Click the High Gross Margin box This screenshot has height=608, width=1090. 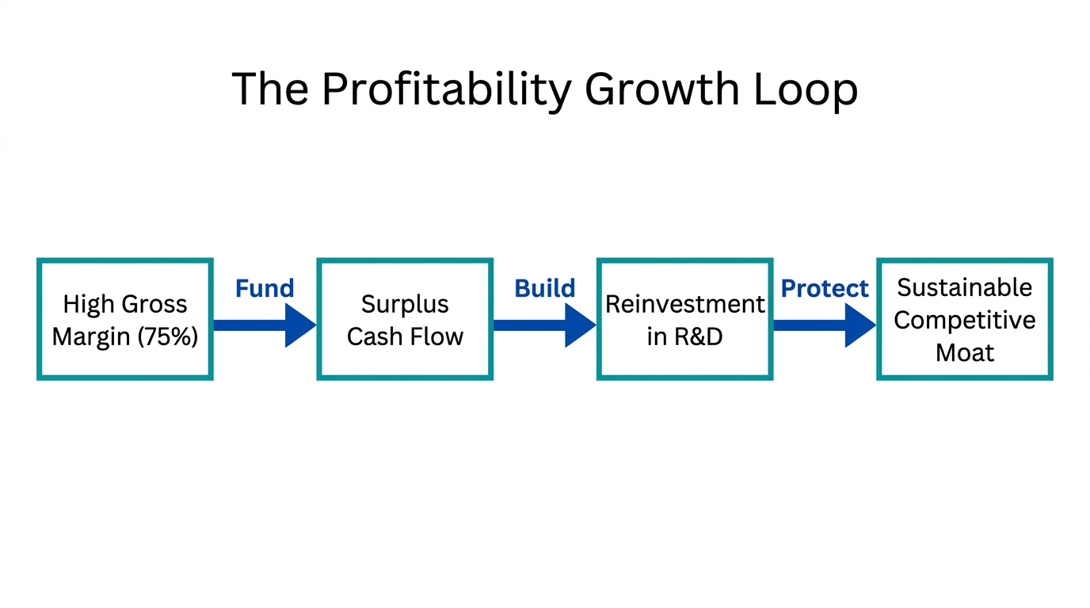[x=125, y=319]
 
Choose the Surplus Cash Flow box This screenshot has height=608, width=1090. [x=405, y=319]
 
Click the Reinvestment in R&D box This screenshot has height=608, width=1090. [x=684, y=319]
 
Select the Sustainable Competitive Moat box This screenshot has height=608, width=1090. [x=964, y=319]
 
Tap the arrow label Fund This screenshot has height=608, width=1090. [x=265, y=289]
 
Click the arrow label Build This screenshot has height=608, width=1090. [x=545, y=289]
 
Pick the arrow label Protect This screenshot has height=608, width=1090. [x=825, y=289]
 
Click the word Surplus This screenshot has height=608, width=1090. [x=405, y=304]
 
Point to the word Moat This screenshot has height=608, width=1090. [x=964, y=352]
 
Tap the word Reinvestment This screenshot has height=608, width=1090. [x=684, y=304]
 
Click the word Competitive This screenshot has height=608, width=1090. [x=964, y=320]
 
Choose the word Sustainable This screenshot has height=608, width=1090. [x=964, y=287]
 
